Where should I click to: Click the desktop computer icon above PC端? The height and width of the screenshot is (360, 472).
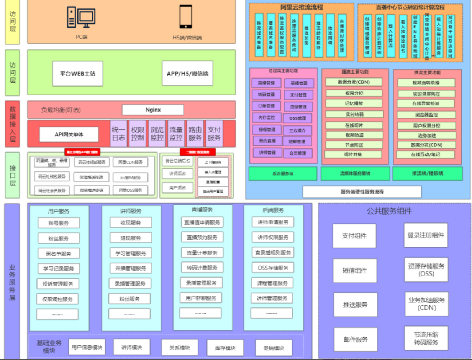(81, 17)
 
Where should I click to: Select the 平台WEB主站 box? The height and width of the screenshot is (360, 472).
(77, 73)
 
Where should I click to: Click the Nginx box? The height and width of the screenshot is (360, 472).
(153, 110)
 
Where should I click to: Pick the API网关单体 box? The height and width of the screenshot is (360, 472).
(69, 135)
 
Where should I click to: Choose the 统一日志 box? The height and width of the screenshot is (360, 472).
(118, 133)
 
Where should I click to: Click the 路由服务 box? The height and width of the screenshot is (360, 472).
(195, 133)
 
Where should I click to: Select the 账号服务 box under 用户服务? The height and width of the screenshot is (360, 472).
(59, 223)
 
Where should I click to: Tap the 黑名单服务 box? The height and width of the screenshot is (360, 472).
(59, 253)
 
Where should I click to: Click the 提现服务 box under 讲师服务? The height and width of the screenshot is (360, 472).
(131, 238)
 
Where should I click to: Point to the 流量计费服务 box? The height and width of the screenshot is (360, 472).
(202, 253)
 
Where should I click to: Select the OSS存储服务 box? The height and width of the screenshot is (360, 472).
(273, 268)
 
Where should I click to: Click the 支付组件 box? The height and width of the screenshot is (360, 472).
(354, 236)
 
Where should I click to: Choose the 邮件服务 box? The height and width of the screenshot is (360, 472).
(355, 339)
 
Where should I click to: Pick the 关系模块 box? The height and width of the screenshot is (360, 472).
(180, 347)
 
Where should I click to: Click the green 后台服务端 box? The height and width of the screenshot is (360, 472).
(283, 173)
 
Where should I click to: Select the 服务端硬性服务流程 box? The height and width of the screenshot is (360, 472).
(362, 191)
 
